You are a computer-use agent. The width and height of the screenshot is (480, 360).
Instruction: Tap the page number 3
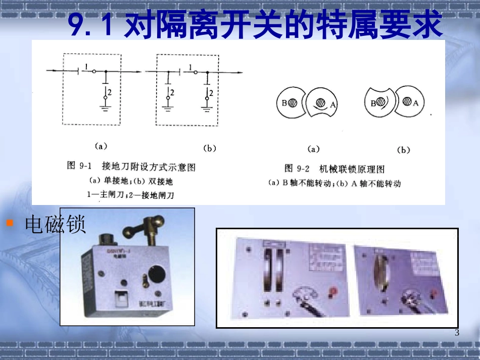[457, 332]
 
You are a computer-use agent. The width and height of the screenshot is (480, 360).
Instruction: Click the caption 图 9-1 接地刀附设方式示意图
[131, 166]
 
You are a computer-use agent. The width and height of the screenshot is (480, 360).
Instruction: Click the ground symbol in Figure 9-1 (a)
[106, 108]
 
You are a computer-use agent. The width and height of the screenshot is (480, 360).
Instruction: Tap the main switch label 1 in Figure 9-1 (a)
[87, 66]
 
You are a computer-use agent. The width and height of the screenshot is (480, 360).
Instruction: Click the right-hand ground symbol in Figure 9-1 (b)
[206, 108]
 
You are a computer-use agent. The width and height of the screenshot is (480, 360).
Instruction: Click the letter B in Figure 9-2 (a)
[284, 103]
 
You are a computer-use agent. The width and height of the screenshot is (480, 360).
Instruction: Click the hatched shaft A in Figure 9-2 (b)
[407, 102]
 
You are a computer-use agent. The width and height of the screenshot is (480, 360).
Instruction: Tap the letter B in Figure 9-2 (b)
[373, 103]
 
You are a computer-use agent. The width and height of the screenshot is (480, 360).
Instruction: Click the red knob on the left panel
[334, 291]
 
